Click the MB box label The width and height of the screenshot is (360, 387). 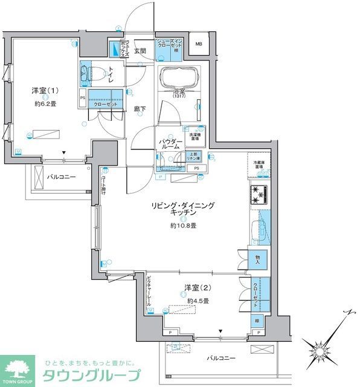pyautogui.click(x=198, y=44)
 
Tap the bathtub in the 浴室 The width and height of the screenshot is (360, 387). pyautogui.click(x=178, y=78)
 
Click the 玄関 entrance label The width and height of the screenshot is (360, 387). pyautogui.click(x=140, y=51)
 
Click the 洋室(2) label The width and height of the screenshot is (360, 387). pyautogui.click(x=197, y=287)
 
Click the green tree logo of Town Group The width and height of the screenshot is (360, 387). pyautogui.click(x=18, y=366)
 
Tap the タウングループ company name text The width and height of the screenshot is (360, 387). pyautogui.click(x=91, y=376)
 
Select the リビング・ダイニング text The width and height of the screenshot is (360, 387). pyautogui.click(x=183, y=206)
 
